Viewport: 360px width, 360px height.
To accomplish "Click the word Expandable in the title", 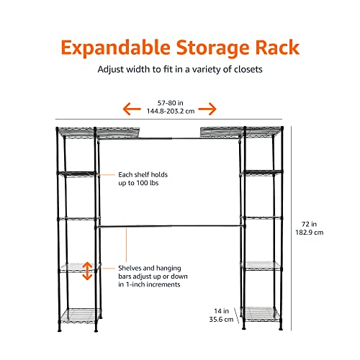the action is pos(116,48).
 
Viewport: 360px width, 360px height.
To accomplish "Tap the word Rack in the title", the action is pos(277,48).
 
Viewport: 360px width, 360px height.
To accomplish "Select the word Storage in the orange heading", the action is pos(212,48).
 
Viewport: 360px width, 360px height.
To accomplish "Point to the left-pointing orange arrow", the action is pos(132,109).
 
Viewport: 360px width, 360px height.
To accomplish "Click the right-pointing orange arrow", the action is pos(207,109).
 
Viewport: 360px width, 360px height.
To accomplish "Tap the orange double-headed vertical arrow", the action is pos(87,271).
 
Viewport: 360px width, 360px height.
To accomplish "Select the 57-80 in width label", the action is pos(171,103).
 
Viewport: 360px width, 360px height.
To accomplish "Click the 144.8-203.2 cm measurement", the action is pos(171,111).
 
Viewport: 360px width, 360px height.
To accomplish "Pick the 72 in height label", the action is pos(309,224).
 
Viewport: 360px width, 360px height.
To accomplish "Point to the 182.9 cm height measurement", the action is pos(310,233).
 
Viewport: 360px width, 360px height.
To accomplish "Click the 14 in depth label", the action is pos(221,311).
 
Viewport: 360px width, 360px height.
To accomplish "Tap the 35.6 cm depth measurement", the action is pos(221,320).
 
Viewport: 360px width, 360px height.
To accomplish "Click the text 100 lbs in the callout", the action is pos(148,183).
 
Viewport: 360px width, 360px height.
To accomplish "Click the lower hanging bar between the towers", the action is pos(170,226).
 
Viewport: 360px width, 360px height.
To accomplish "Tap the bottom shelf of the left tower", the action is pos(80,315).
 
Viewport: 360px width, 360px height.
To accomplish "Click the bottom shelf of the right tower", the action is pos(261,314).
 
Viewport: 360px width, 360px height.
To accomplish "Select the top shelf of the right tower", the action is pos(240,132).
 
